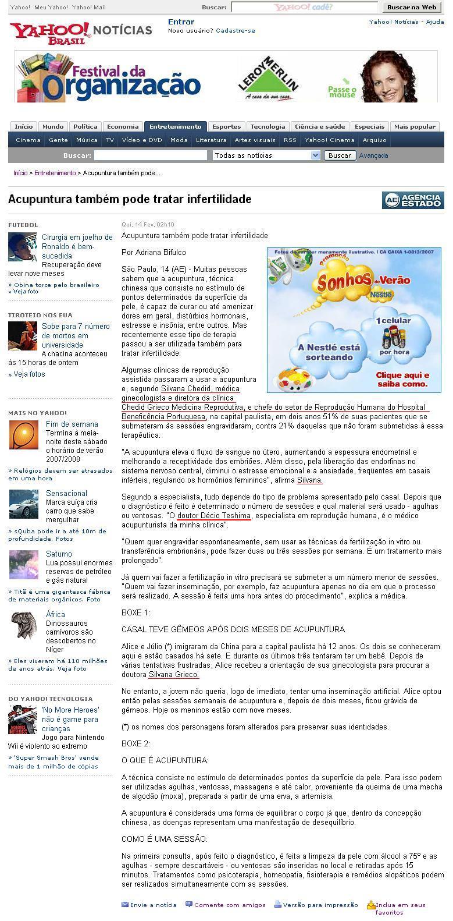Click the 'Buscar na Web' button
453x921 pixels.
[411, 7]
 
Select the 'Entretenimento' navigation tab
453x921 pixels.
[175, 126]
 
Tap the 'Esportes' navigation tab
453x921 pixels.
[226, 126]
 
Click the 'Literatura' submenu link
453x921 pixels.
[211, 140]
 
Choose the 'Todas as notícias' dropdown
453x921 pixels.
[266, 155]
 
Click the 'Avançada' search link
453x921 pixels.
[373, 155]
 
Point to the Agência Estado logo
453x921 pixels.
[413, 200]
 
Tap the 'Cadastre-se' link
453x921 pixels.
[235, 30]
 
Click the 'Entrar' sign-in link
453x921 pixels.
[181, 22]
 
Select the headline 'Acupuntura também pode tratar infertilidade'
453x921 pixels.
[130, 199]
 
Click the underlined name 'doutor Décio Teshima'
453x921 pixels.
[214, 516]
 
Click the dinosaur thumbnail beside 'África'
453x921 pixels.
[23, 625]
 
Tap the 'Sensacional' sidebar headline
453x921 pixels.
[66, 493]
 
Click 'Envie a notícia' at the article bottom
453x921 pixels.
[153, 905]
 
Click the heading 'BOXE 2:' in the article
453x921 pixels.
[135, 743]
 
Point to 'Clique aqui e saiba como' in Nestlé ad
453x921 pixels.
[402, 380]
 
